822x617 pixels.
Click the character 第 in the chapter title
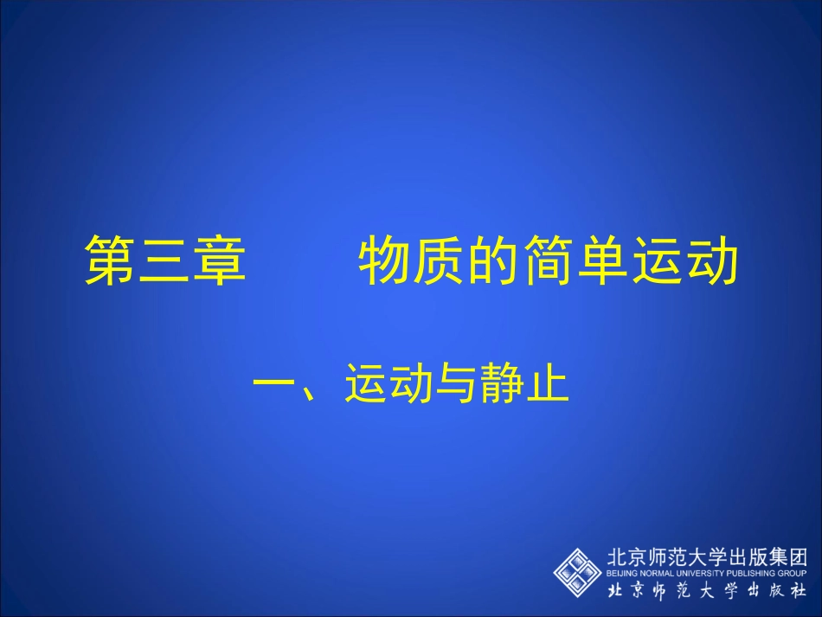[110, 260]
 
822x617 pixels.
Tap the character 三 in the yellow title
[164, 260]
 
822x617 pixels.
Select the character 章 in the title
[219, 260]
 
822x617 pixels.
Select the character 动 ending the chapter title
[712, 260]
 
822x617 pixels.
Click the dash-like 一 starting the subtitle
[276, 384]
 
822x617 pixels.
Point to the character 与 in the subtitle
[455, 384]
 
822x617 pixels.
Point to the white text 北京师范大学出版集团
[708, 557]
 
